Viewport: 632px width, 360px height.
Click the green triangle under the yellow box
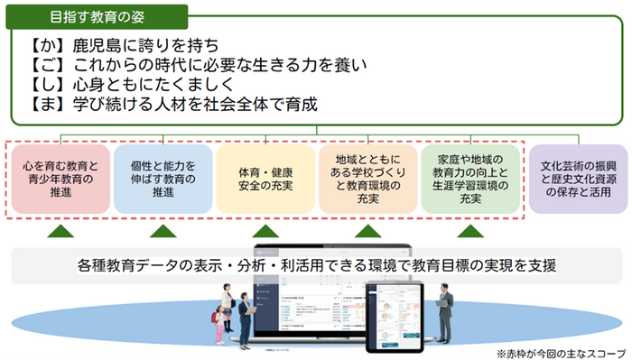265,232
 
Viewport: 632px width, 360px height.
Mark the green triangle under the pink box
60,232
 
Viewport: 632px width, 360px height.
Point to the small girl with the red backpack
218,326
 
